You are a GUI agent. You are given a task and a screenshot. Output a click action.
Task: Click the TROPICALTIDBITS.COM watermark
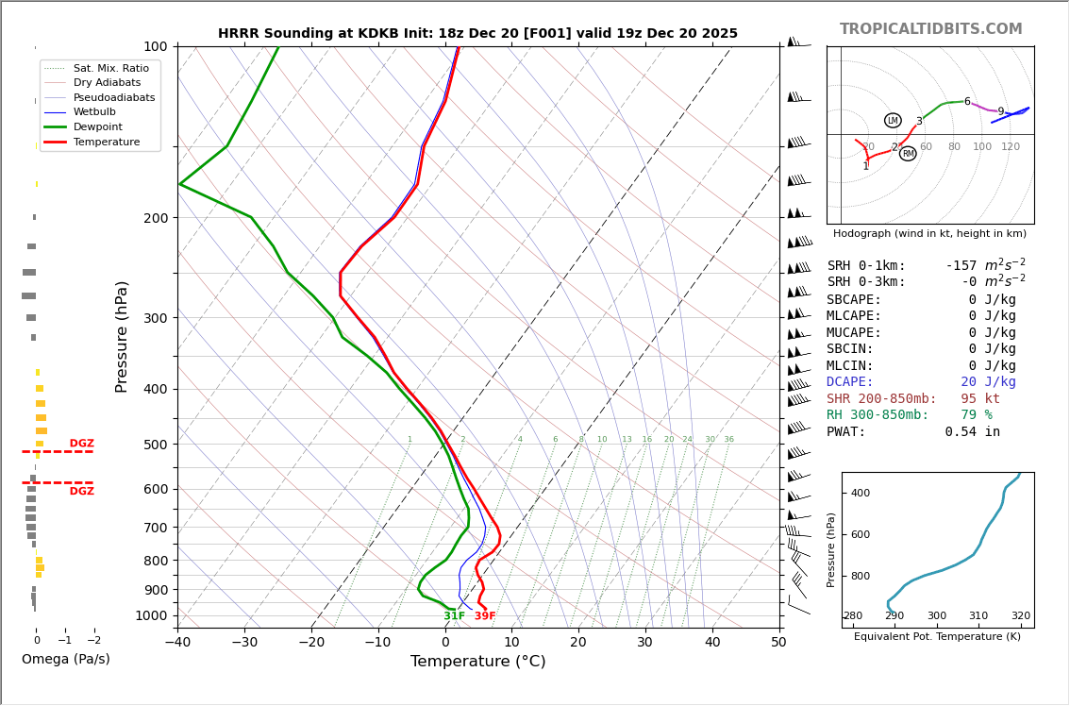(930, 29)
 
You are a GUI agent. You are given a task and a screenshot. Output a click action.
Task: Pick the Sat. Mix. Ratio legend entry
(110, 69)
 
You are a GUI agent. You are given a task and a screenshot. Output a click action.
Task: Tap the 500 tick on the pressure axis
(156, 445)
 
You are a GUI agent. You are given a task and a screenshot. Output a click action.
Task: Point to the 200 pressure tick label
(156, 218)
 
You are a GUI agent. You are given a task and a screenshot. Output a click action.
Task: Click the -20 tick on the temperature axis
(311, 643)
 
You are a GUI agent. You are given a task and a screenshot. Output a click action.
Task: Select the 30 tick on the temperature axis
(645, 643)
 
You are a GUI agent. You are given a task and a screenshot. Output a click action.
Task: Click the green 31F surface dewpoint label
(454, 616)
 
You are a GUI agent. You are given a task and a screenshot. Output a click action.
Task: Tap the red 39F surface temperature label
(485, 616)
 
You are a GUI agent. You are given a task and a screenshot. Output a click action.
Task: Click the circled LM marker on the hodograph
(893, 121)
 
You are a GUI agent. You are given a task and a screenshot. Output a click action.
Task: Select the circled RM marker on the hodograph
(908, 154)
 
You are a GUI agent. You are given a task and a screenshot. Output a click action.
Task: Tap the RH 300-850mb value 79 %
(977, 415)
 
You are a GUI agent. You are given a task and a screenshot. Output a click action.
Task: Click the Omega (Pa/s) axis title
(66, 660)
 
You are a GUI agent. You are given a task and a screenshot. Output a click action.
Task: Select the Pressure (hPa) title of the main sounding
(123, 336)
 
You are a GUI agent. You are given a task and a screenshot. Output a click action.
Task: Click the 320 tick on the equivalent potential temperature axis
(1020, 616)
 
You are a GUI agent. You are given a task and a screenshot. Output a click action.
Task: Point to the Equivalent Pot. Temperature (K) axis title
(937, 637)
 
